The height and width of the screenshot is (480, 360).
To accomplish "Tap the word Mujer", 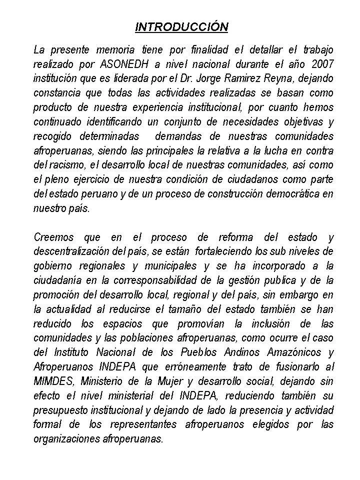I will [188, 382].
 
